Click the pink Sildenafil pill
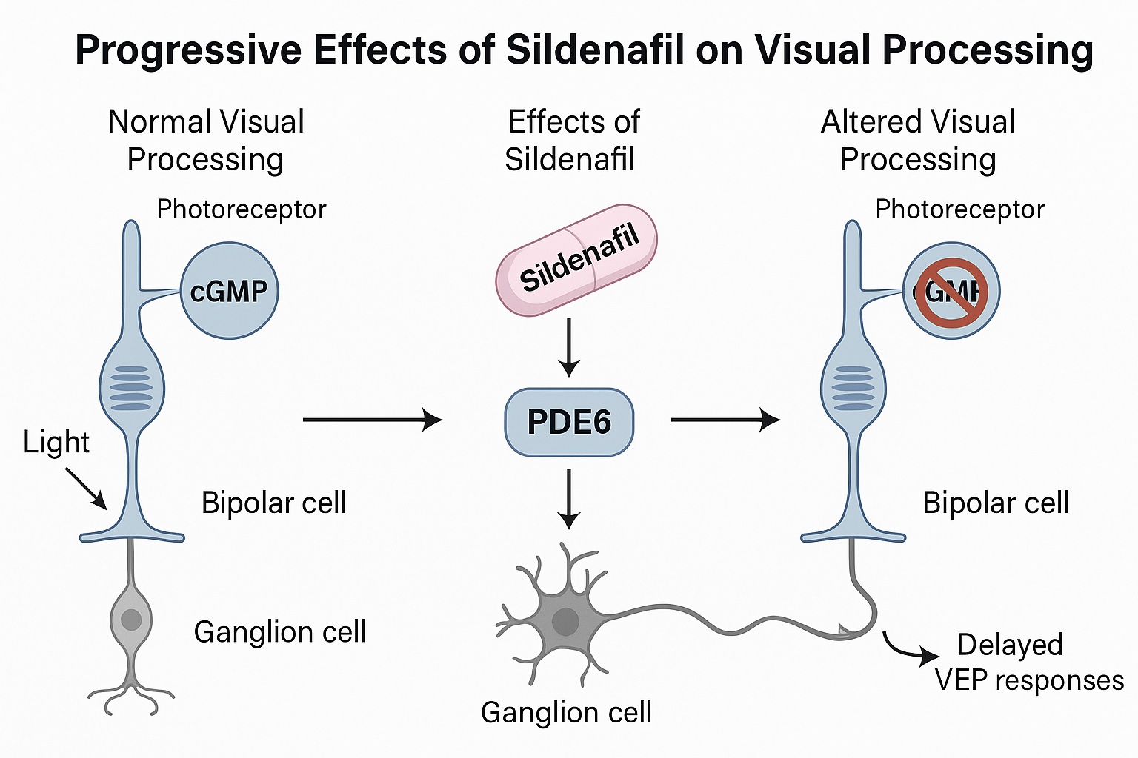click(x=576, y=260)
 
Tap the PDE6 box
click(x=569, y=422)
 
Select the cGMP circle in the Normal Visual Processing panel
click(x=230, y=291)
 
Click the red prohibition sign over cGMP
click(x=951, y=292)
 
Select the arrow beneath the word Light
click(x=87, y=489)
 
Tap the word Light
click(x=56, y=443)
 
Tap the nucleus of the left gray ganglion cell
click(x=131, y=619)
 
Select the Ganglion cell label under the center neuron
click(x=566, y=712)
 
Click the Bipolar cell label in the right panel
click(x=995, y=503)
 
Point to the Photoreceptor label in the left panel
click(x=242, y=209)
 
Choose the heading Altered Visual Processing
click(x=918, y=141)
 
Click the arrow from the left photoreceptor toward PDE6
click(x=372, y=420)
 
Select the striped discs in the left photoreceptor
click(x=131, y=388)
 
